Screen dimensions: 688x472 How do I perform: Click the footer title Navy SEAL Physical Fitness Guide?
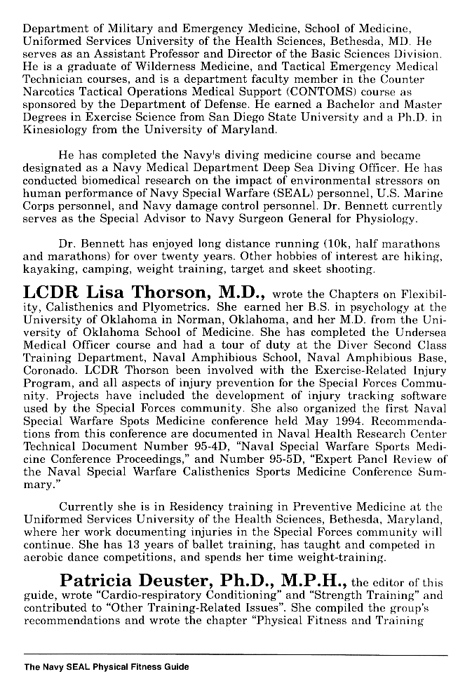[106, 667]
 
